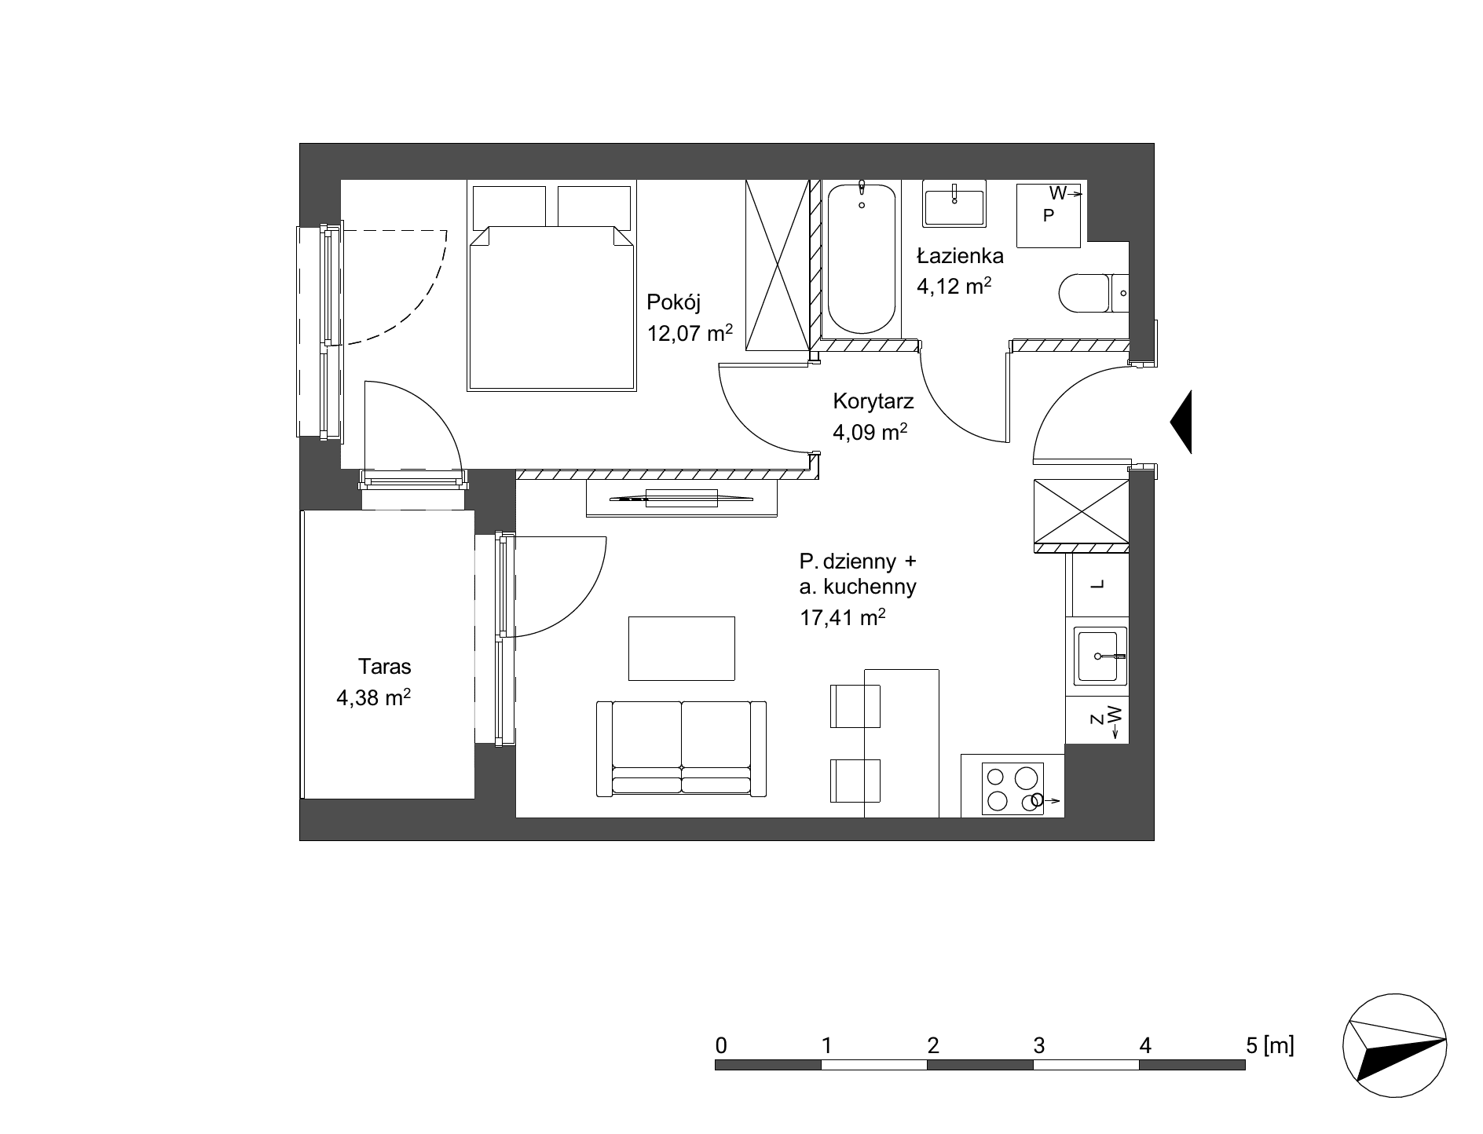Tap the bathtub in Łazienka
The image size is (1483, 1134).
tap(862, 258)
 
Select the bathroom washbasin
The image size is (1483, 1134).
tap(954, 203)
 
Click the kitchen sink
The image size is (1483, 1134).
tap(1100, 656)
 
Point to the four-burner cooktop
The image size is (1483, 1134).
tap(1013, 788)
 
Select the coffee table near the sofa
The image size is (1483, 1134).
tap(682, 649)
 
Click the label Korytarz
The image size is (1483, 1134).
tap(873, 402)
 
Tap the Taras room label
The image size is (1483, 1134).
tap(385, 667)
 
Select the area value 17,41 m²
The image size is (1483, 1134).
tap(843, 618)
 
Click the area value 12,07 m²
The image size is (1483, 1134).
tap(690, 333)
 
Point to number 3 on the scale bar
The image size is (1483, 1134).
tap(1039, 1045)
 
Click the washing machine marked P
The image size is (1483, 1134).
tap(1050, 214)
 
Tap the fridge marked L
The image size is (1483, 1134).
tap(1097, 585)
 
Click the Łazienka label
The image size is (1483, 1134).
tap(960, 255)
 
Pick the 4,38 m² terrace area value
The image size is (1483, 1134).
tap(374, 697)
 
